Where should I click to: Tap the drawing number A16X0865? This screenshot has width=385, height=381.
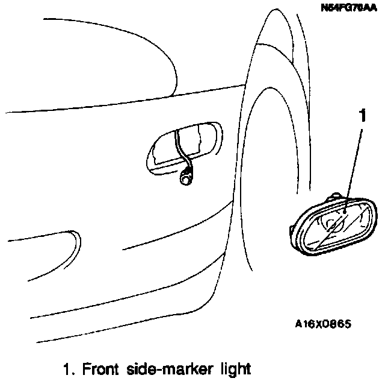tap(322, 324)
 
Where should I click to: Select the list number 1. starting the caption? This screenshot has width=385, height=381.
tap(68, 367)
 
